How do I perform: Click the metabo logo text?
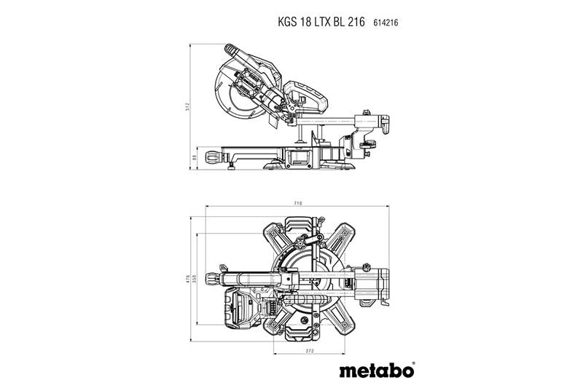[375, 371]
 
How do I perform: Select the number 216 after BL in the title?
[358, 23]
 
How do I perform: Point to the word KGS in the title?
[287, 23]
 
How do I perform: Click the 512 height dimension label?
[187, 106]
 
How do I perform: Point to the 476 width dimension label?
[188, 279]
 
